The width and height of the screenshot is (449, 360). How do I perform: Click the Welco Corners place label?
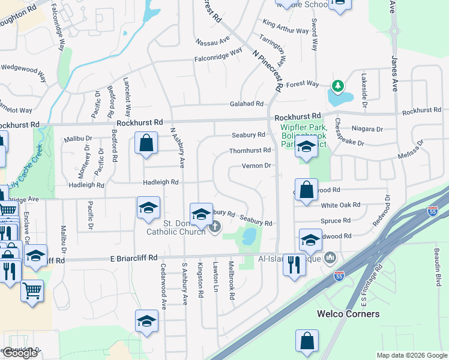point(349,314)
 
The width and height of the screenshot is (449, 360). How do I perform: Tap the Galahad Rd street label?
point(247,104)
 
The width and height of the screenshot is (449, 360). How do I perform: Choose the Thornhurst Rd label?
point(250,150)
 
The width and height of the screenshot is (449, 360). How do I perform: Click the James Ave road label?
point(394,73)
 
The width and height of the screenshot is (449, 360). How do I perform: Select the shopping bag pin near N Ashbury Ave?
point(146,144)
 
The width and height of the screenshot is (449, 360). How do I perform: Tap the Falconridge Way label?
point(218,59)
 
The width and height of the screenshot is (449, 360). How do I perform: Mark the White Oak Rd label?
point(341,205)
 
